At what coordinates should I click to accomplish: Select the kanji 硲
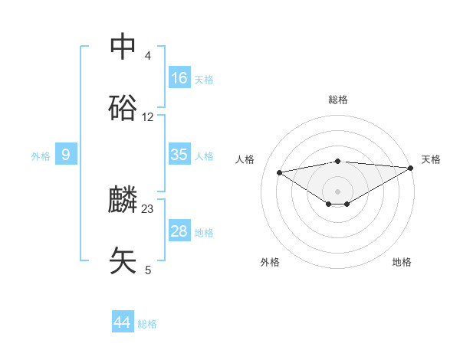123,109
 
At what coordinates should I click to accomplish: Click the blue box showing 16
179,78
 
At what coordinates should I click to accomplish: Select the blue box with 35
179,155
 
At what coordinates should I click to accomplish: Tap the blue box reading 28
179,231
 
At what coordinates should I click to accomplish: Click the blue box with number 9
66,155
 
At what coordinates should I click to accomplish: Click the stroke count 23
148,208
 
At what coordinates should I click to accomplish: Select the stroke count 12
148,117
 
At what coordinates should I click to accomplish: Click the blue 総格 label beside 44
147,324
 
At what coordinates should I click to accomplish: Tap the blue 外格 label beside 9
41,156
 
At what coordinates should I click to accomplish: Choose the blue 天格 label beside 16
204,80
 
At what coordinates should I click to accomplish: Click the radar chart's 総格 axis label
337,100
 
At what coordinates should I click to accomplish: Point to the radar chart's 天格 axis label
431,159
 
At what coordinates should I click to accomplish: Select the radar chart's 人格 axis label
245,159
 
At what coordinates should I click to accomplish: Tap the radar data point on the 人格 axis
279,172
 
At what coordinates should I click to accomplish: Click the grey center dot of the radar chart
337,190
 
